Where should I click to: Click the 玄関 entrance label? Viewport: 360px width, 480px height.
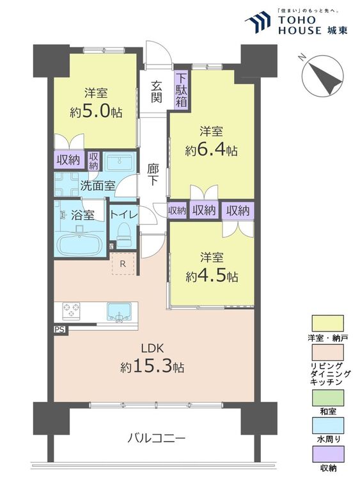click(x=156, y=92)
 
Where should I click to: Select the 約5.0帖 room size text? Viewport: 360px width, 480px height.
click(x=96, y=113)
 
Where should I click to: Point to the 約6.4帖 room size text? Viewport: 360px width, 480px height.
click(x=211, y=150)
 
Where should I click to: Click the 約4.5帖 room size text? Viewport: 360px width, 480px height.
click(x=212, y=276)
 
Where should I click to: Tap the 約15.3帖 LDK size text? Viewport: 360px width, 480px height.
click(x=152, y=367)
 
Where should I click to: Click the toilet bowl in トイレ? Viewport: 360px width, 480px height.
click(x=123, y=234)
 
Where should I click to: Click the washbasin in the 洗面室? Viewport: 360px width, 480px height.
click(x=120, y=162)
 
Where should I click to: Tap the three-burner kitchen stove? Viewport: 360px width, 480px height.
click(x=71, y=311)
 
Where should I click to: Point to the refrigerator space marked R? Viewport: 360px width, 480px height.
click(x=123, y=264)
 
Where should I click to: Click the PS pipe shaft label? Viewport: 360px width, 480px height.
click(x=60, y=330)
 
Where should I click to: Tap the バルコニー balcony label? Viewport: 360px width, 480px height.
click(x=157, y=438)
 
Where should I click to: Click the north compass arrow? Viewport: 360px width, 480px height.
click(x=325, y=78)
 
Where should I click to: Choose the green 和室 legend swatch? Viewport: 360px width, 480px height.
click(x=327, y=397)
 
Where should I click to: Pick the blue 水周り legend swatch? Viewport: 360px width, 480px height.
click(x=327, y=426)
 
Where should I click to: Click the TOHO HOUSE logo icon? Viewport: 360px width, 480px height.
click(x=258, y=21)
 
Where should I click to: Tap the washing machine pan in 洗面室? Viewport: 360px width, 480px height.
click(x=67, y=184)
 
